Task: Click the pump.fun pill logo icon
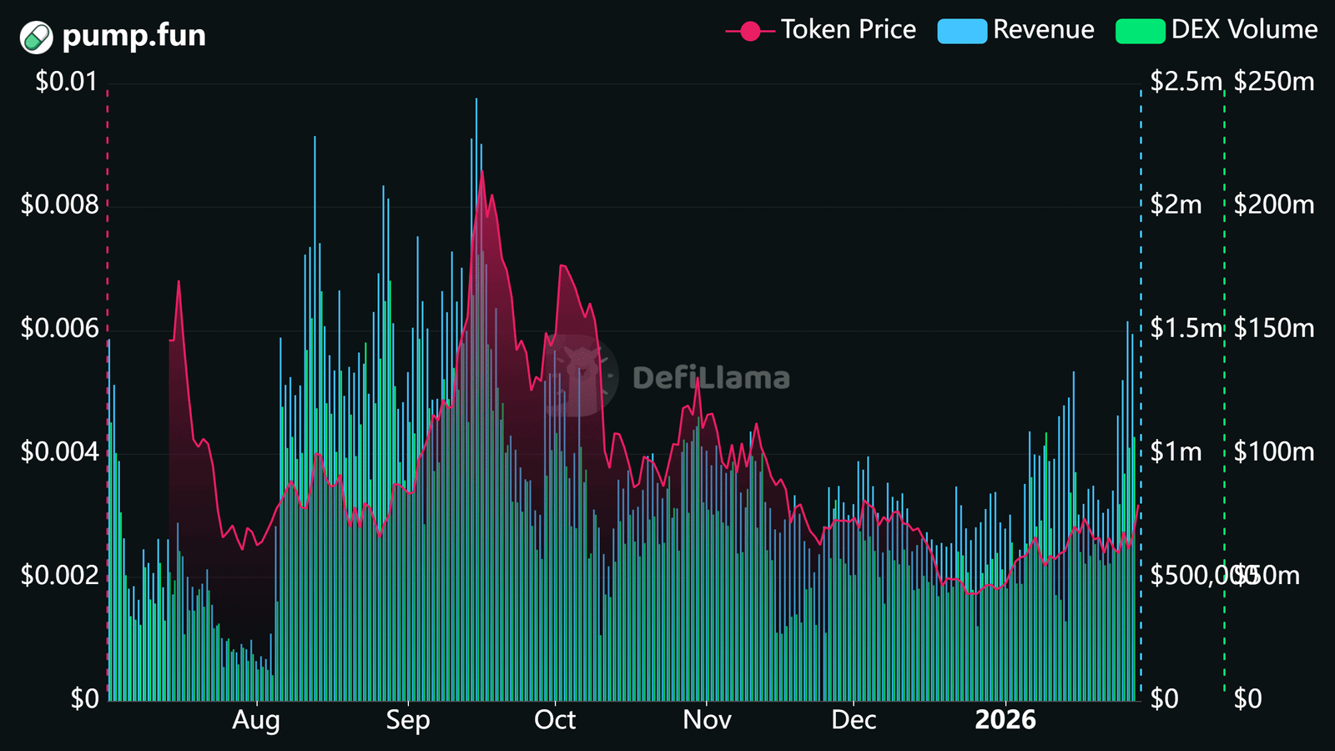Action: point(37,37)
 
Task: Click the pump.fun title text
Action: point(133,36)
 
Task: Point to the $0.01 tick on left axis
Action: point(66,81)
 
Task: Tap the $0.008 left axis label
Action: point(59,204)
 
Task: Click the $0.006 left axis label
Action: point(59,328)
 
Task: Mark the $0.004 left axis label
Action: point(59,451)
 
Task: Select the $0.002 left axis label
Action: point(59,575)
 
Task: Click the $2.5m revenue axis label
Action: point(1186,81)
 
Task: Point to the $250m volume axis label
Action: point(1274,81)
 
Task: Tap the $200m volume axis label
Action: point(1274,204)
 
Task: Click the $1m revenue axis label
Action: point(1176,451)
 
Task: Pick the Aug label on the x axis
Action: point(255,720)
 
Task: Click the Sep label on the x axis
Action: point(407,720)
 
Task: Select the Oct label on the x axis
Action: point(555,720)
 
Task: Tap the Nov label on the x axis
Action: point(707,720)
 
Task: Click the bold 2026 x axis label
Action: point(1005,720)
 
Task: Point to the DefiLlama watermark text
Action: point(711,379)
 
